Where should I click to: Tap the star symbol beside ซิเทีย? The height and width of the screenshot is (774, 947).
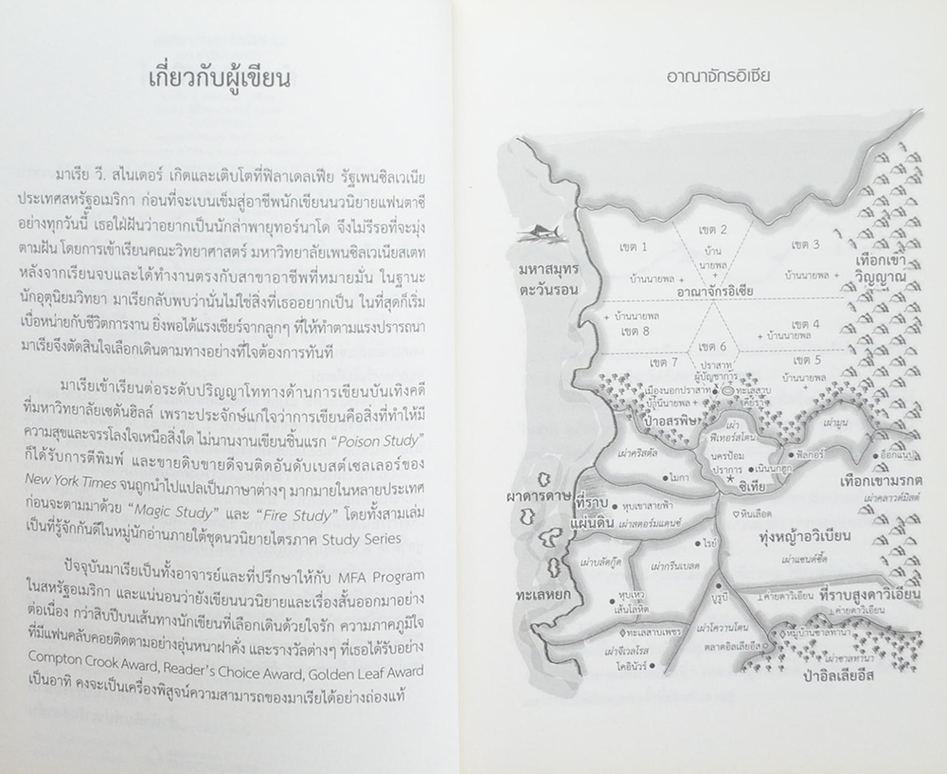(729, 482)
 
